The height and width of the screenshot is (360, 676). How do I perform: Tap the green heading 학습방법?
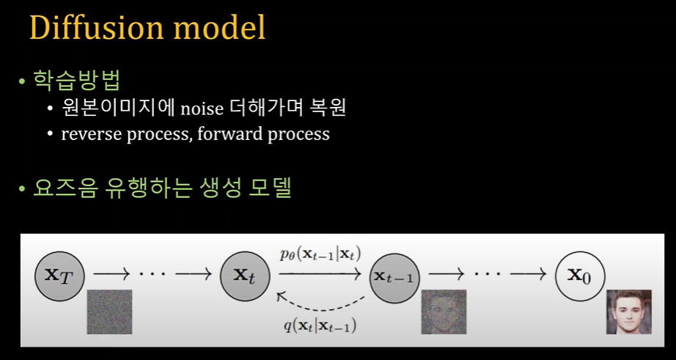[76, 80]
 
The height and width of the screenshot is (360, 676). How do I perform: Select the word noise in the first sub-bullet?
[202, 109]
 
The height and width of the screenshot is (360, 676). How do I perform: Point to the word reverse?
[92, 134]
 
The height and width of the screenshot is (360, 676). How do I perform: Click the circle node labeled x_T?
[59, 276]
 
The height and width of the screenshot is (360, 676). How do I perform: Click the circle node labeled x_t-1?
[394, 278]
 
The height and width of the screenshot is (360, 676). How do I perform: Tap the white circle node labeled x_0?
[580, 276]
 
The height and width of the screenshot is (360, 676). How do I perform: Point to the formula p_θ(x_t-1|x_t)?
[320, 255]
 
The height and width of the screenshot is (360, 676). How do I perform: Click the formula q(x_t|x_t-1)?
[320, 326]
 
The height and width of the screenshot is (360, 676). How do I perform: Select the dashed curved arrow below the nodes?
[320, 309]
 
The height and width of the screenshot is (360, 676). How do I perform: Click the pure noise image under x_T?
[109, 312]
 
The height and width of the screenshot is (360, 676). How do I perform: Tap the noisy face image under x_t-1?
[444, 312]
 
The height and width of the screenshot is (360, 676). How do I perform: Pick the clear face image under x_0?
[629, 312]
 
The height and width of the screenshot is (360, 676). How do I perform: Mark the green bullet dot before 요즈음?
[21, 189]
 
